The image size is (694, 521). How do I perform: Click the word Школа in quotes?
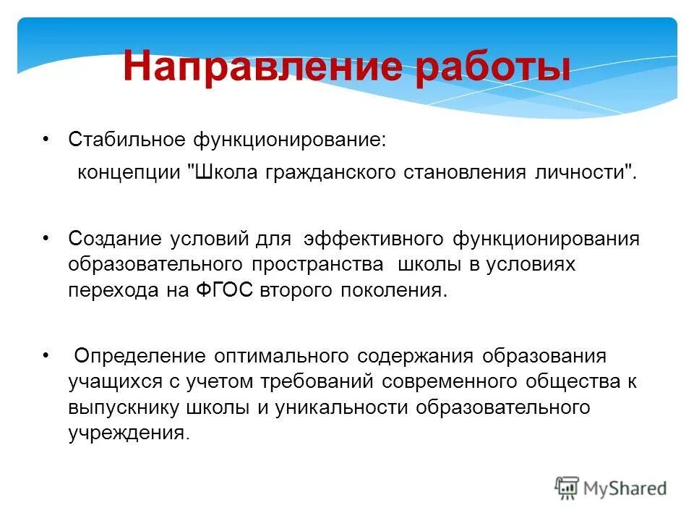tap(226, 174)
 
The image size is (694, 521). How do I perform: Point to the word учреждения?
tap(127, 434)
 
